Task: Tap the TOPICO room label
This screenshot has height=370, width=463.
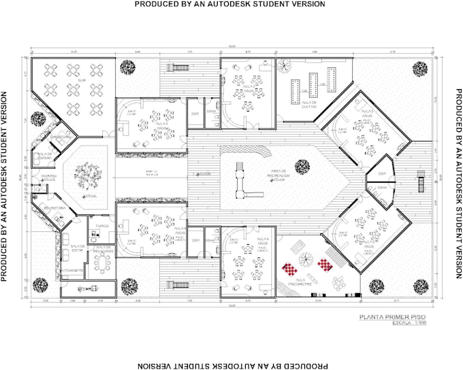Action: pyautogui.click(x=102, y=224)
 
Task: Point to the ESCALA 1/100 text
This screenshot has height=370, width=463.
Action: pyautogui.click(x=400, y=323)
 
